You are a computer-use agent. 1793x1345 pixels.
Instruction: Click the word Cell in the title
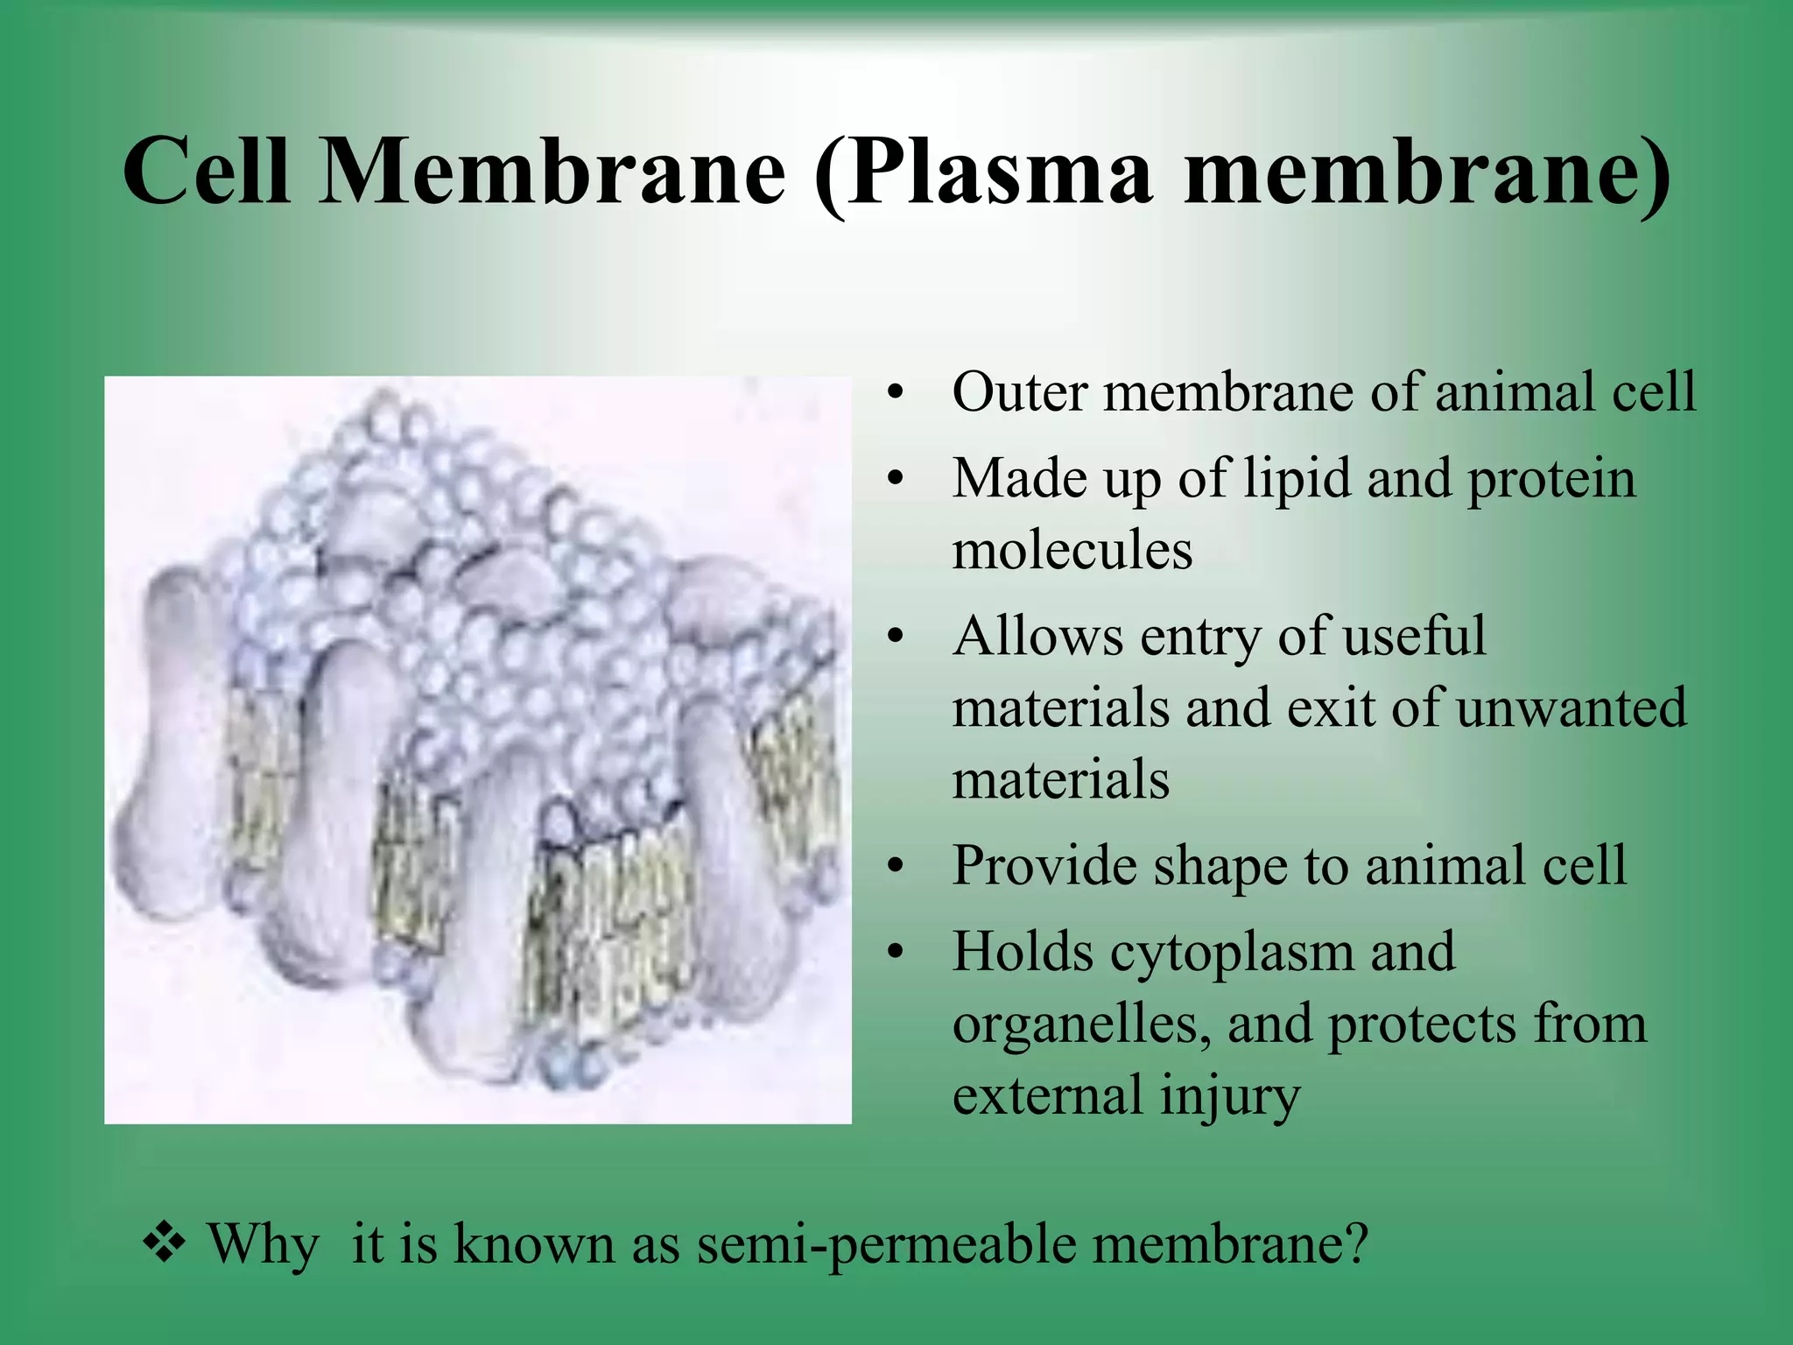[x=207, y=171]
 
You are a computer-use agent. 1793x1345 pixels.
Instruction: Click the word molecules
[x=1072, y=551]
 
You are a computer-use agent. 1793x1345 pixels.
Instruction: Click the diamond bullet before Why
[x=164, y=1243]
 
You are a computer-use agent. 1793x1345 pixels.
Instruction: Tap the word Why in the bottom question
[x=263, y=1244]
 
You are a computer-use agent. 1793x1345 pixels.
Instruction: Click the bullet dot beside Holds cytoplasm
[x=894, y=952]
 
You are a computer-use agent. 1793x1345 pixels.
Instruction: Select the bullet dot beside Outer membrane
[x=894, y=392]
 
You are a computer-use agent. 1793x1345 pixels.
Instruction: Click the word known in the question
[x=533, y=1244]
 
